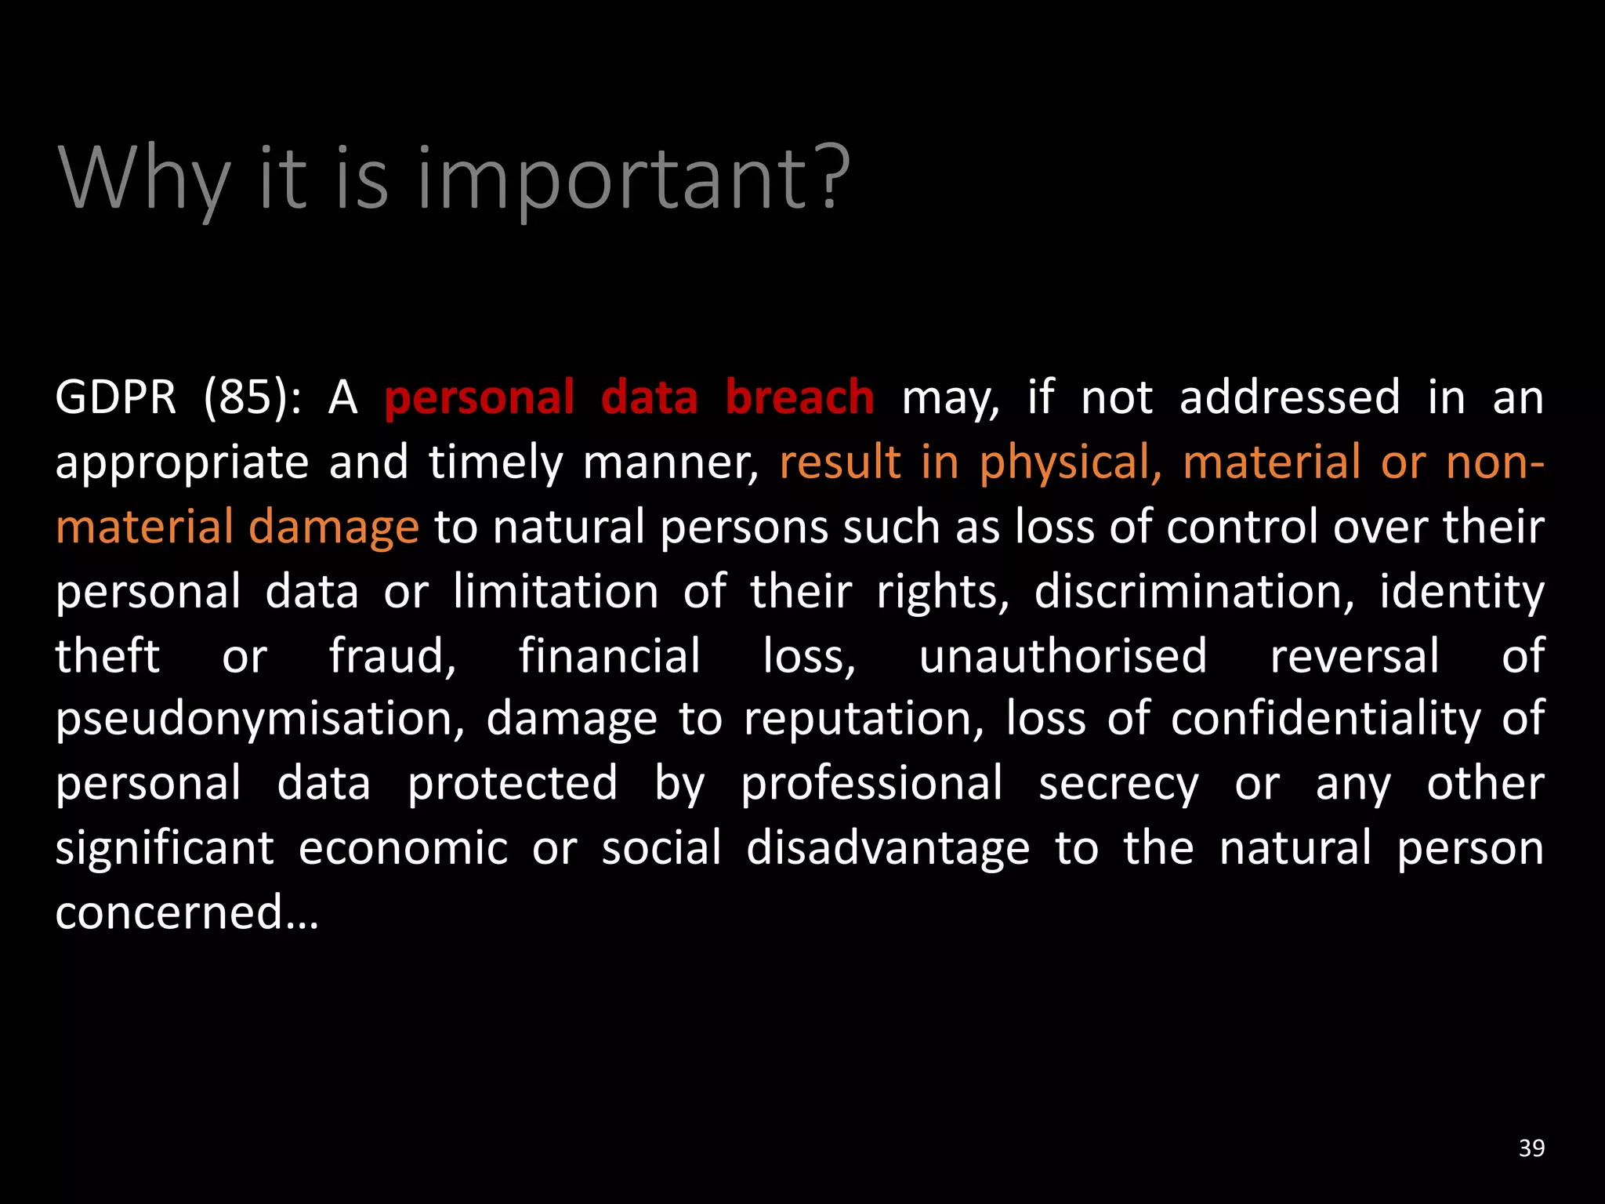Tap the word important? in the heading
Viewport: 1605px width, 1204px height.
[x=633, y=179]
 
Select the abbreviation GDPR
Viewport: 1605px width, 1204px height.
[x=116, y=397]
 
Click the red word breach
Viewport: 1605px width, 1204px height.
[x=799, y=397]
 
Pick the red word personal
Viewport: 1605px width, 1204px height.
[x=480, y=397]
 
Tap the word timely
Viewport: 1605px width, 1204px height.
[x=495, y=462]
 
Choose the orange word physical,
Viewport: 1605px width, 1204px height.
[x=1071, y=462]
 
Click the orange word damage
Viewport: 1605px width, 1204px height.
[x=334, y=528]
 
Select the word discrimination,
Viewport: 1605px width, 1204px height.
[x=1194, y=592]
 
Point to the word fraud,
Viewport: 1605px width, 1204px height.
[x=393, y=656]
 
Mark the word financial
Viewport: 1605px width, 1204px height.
[x=610, y=656]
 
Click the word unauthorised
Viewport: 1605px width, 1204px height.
[x=1063, y=656]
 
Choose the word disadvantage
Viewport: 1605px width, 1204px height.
[x=888, y=849]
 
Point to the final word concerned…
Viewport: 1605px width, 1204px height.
[x=187, y=913]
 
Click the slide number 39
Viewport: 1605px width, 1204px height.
[x=1531, y=1148]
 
